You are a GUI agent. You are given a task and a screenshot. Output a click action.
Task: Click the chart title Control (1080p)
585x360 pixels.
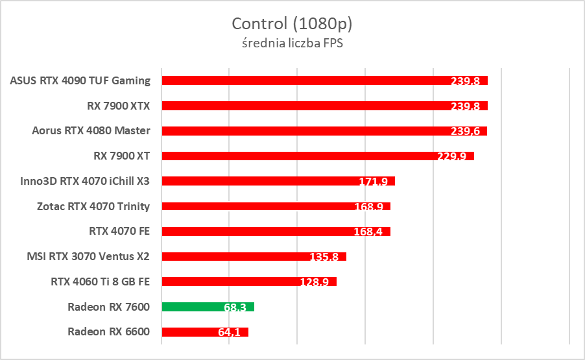[292, 24]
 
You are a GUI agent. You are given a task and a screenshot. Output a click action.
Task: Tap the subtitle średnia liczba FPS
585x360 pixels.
[292, 43]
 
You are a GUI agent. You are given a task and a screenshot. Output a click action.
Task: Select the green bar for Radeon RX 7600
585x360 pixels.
[208, 307]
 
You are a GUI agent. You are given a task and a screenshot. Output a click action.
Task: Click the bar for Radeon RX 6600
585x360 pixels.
[205, 332]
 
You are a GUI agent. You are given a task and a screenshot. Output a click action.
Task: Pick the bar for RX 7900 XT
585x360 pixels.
[318, 156]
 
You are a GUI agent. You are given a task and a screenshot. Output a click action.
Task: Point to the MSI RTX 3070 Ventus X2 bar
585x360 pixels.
[254, 256]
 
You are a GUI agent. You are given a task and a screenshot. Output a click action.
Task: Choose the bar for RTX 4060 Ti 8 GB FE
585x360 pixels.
[249, 282]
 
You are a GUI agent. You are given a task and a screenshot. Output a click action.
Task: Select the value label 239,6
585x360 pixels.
[464, 132]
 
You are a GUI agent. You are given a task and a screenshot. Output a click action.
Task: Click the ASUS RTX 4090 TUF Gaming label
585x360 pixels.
[80, 80]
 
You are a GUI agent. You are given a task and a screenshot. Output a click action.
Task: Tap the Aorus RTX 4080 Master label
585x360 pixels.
[91, 130]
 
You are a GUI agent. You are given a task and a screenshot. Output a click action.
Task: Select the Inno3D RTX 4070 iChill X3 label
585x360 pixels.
[85, 181]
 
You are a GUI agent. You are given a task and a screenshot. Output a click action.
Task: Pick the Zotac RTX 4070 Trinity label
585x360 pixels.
[93, 206]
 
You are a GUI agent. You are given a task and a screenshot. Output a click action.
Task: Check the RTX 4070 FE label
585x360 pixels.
[119, 231]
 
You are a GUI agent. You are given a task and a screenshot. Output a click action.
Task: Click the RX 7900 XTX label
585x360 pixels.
[119, 105]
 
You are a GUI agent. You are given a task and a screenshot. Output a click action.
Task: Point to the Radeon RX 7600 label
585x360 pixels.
[108, 307]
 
